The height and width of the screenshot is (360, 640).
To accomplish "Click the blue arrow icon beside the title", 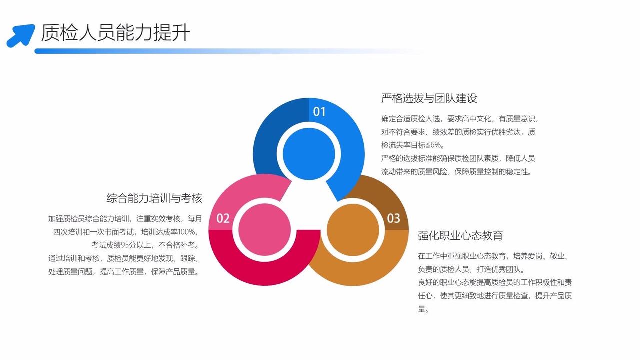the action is click(x=20, y=35).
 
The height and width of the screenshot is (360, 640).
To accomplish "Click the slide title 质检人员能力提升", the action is click(x=115, y=33).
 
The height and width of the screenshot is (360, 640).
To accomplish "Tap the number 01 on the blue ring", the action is click(x=319, y=112).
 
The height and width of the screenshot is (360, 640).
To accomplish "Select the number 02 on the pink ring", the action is click(x=223, y=218).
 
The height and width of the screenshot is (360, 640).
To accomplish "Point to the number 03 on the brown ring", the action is click(x=394, y=218).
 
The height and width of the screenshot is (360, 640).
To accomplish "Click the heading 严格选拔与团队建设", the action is click(x=429, y=98).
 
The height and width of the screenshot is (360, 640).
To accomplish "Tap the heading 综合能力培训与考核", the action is click(x=154, y=198).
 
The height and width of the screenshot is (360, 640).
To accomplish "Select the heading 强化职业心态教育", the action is click(x=460, y=235).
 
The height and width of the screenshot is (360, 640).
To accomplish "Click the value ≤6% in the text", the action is click(x=435, y=145).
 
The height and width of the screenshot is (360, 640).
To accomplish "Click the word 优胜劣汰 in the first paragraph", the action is click(x=504, y=132).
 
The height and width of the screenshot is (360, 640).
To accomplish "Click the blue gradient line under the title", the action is click(x=200, y=51).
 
